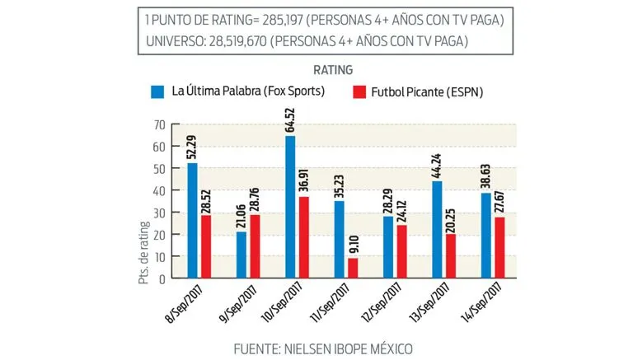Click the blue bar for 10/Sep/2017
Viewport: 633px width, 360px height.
[x=291, y=207]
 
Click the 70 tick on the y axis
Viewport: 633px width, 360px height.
[x=158, y=124]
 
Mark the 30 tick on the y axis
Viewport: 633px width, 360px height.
[x=158, y=213]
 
